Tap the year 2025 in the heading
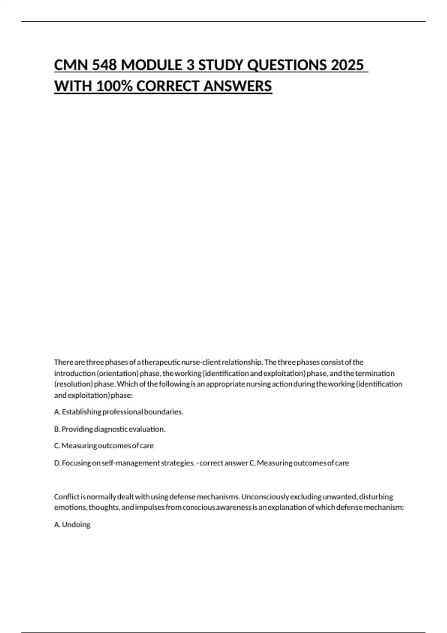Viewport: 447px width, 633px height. click(347, 65)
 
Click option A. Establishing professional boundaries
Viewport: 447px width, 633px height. click(119, 412)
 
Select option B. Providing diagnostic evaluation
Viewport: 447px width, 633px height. click(110, 429)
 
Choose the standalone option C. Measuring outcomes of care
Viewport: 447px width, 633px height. click(104, 446)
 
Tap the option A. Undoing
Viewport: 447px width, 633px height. click(72, 525)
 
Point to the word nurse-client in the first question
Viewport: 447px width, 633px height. click(200, 362)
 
